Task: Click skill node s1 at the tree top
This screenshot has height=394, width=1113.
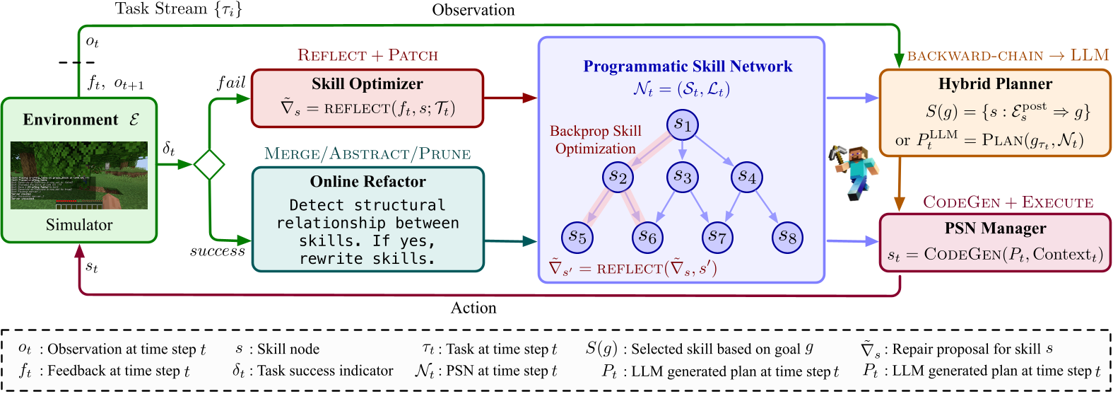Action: [682, 124]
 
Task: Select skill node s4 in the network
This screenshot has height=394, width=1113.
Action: [747, 177]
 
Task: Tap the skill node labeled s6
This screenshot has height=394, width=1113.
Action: [647, 237]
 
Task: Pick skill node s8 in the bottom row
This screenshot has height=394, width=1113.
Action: [787, 237]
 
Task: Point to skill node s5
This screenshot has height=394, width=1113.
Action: [577, 237]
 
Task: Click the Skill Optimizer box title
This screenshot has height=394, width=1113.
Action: [367, 84]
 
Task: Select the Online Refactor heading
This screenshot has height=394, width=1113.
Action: [367, 182]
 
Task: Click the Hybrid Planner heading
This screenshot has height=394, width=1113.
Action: [995, 84]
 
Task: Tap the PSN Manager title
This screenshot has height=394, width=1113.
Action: [995, 228]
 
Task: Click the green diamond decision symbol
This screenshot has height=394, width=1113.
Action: [209, 165]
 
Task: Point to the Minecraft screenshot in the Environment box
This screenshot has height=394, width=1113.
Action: [79, 175]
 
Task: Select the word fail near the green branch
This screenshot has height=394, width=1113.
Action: [231, 83]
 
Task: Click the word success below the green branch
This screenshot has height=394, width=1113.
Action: [217, 251]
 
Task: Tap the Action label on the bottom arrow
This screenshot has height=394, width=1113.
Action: [473, 308]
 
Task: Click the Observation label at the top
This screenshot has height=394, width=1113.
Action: [473, 10]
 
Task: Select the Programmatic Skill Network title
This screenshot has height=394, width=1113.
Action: [688, 66]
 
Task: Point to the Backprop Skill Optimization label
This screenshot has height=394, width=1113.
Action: [595, 140]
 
